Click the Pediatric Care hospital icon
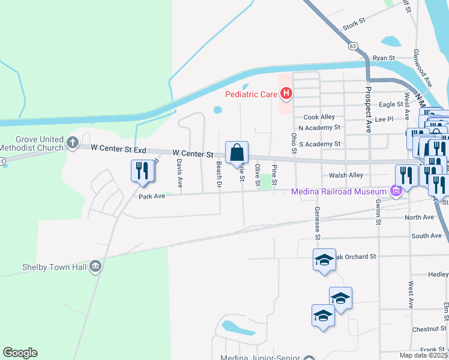pos(286,94)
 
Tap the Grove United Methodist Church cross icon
pos(72,143)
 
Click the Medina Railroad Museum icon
pos(396,192)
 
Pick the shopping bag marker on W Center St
pos(237,153)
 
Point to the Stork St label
pos(354,25)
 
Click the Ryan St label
pos(384,58)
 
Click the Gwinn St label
pos(379,214)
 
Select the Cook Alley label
pos(319,117)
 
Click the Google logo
pos(20,353)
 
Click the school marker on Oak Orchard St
pos(324,259)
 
